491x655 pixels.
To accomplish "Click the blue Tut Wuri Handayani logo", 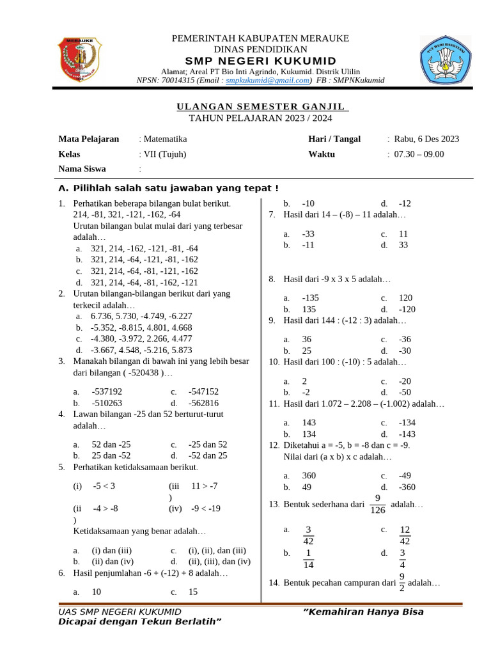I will (x=445, y=59).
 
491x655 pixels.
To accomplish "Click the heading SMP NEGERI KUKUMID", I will (x=260, y=60).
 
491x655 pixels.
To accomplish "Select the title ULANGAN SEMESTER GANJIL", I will (x=260, y=106).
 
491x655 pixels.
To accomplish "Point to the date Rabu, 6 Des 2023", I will (x=426, y=139).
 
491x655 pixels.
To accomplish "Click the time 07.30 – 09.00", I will (x=419, y=154).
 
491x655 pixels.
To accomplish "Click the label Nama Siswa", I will (x=82, y=169).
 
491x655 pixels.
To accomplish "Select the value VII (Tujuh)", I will (x=165, y=154).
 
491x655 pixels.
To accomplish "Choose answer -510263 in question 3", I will (x=107, y=403).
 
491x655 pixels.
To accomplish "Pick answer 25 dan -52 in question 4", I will (x=111, y=455).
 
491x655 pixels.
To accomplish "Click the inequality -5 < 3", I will (x=104, y=485).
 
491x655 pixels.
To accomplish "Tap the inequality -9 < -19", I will (x=206, y=509).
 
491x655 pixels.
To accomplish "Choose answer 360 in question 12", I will (x=309, y=475).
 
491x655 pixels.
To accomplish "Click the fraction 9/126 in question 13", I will (x=377, y=504).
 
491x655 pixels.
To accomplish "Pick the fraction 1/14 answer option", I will (x=308, y=558).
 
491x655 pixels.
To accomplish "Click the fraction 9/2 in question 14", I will (x=401, y=582).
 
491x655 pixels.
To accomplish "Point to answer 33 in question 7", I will (x=403, y=244).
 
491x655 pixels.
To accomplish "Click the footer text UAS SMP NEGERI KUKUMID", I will (x=120, y=612).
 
